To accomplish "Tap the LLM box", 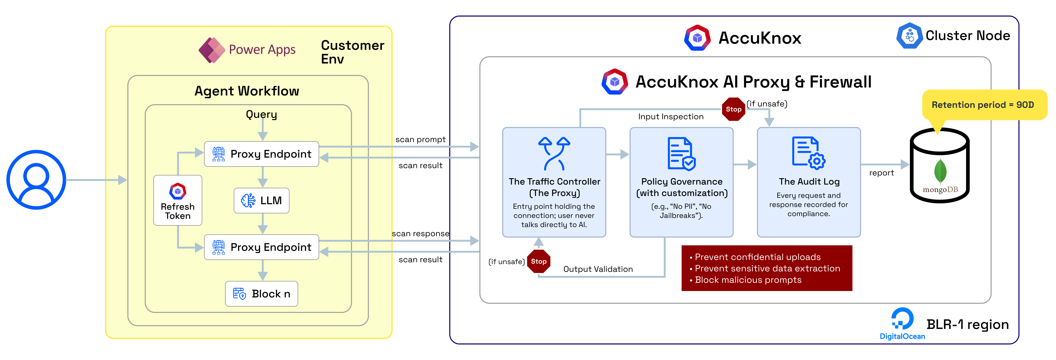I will coord(262,201).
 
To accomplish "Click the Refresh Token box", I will coord(178,201).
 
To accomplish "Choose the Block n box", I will coord(262,294).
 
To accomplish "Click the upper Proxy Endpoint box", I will coord(262,154).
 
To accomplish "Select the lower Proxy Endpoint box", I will coord(262,247).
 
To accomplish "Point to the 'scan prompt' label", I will coord(420,139).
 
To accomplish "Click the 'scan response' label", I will coord(420,233).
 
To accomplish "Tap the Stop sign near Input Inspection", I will coord(733,109).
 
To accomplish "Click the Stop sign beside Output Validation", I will coord(538,261).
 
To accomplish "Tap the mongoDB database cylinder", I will coord(940,166).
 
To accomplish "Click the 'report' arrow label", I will coord(881,173).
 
